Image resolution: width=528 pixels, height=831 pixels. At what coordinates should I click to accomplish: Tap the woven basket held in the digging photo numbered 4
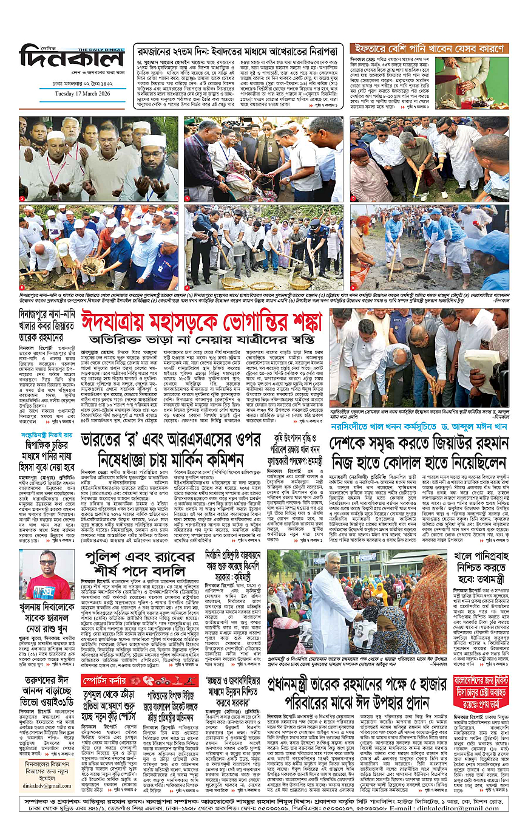click(x=92, y=265)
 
